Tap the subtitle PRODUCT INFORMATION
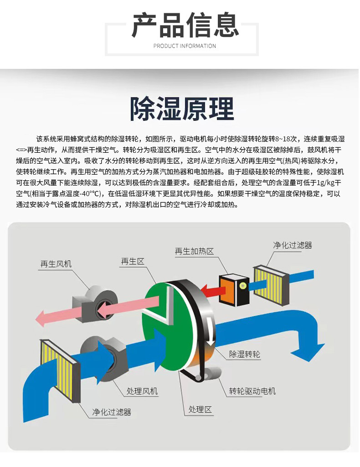pyautogui.click(x=185, y=46)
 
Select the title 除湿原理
pyautogui.click(x=182, y=109)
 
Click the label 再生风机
pyautogui.click(x=56, y=264)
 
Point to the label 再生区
pyautogui.click(x=133, y=261)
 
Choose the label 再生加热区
pyautogui.click(x=194, y=251)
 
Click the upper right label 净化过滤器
pyautogui.click(x=293, y=245)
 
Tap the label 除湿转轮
pyautogui.click(x=245, y=354)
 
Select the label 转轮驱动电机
pyautogui.click(x=252, y=391)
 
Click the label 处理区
pyautogui.click(x=200, y=410)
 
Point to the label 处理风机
pyautogui.click(x=142, y=391)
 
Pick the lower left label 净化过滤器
pyautogui.click(x=112, y=412)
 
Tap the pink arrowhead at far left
pyautogui.click(x=41, y=318)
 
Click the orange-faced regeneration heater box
pyautogui.click(x=234, y=290)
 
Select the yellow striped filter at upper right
pyautogui.click(x=271, y=285)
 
